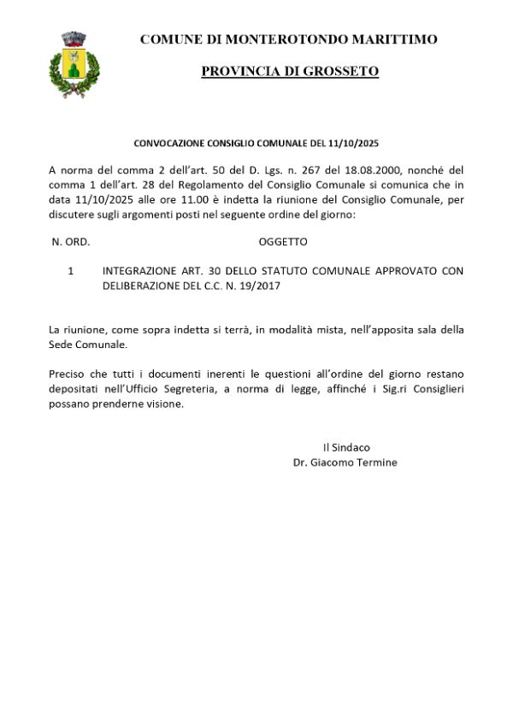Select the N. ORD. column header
[x=71, y=242]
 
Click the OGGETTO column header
[x=282, y=242]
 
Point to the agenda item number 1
[x=70, y=271]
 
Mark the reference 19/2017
[x=261, y=286]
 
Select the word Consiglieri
[x=433, y=389]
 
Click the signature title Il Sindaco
[x=345, y=447]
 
